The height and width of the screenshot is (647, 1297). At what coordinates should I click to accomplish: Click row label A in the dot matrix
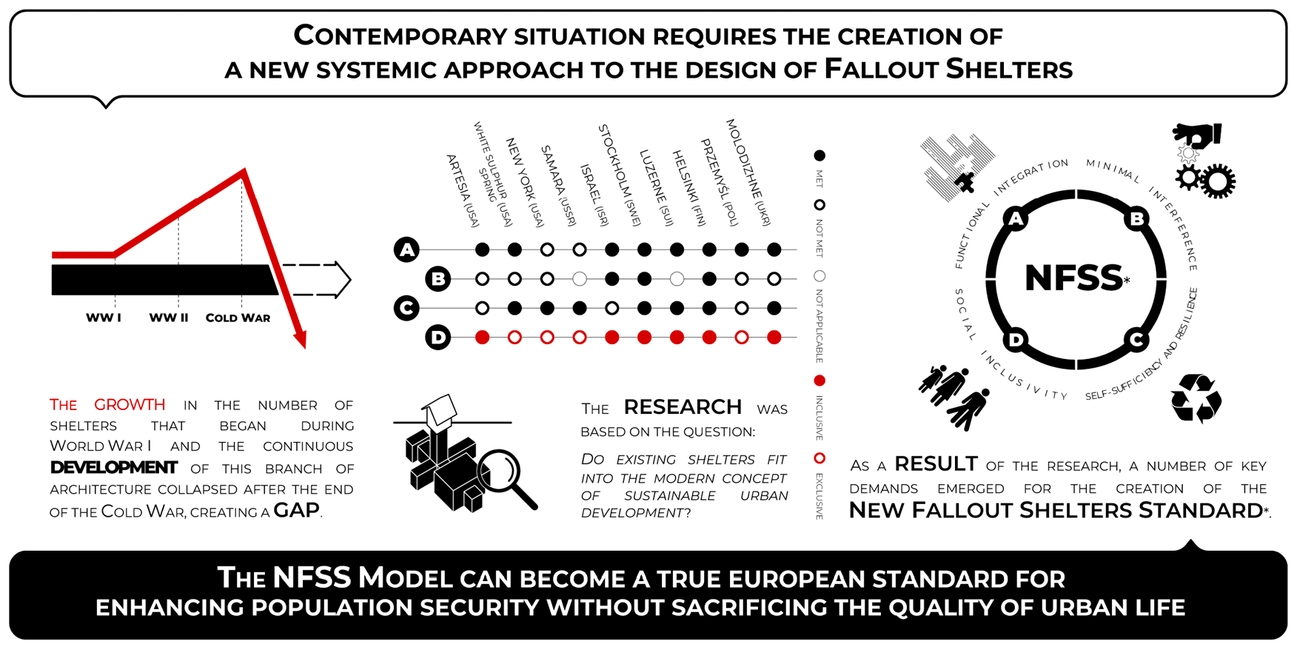pos(406,249)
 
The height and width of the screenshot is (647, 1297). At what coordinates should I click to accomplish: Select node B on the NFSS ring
pos(1136,218)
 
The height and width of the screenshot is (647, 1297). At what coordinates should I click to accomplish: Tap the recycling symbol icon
pos(1196,398)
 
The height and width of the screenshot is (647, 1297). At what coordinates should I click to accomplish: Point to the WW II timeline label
pos(169,318)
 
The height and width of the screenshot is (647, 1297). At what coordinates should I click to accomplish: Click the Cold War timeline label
pos(238,318)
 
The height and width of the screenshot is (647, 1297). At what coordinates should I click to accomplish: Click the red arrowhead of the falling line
pos(299,339)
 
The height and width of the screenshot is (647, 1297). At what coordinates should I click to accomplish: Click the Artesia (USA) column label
pos(463,190)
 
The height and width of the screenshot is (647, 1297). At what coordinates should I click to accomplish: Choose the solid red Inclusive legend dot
pos(820,381)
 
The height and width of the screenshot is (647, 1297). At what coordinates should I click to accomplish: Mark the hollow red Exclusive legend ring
pos(820,458)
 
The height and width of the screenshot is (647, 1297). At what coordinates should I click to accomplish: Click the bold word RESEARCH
pos(682,407)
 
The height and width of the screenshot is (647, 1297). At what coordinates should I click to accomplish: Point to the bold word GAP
pos(296,510)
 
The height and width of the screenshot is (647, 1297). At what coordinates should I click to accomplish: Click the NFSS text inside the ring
pos(1073,278)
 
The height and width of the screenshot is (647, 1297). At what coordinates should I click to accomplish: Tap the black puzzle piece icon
pos(964,181)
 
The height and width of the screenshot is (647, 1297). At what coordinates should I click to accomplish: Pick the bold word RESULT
pos(936,464)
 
